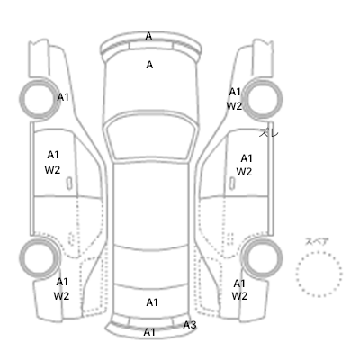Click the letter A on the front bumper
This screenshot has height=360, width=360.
click(x=148, y=36)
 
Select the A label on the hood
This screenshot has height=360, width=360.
click(x=149, y=65)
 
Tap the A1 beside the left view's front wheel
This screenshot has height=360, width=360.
click(x=63, y=97)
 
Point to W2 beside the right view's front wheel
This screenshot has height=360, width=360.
click(x=234, y=106)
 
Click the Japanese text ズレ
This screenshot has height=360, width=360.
click(x=269, y=132)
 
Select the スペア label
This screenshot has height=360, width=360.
click(x=317, y=241)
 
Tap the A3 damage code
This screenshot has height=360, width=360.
click(x=190, y=325)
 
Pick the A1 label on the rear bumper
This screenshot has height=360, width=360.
click(x=149, y=332)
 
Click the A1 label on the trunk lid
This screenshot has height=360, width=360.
click(x=152, y=302)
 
